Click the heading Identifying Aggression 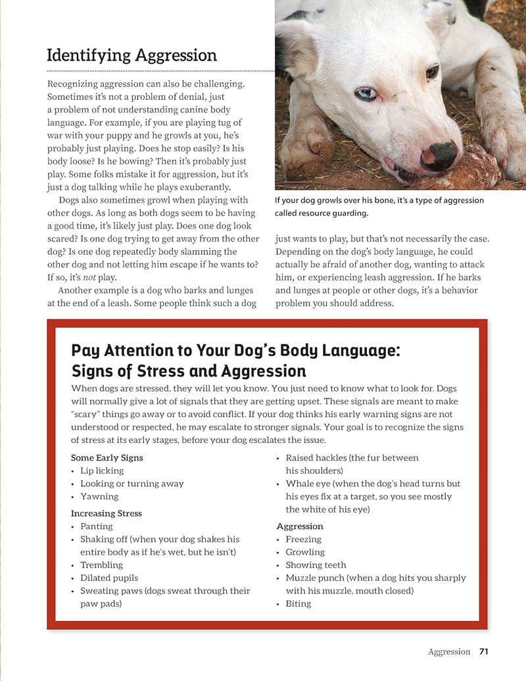pos(131,55)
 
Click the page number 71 pos(484,651)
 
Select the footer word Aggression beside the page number pos(449,651)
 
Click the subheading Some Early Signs pos(107,457)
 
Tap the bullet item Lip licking pos(102,470)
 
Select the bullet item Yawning pos(99,496)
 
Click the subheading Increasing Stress pos(106,513)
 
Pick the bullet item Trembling pos(101,565)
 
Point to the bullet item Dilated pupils pos(109,578)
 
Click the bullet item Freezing pos(304,539)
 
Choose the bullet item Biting pos(299,603)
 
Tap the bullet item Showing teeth pos(316,565)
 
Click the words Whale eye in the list pos(308,484)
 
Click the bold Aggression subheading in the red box pos(300,526)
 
